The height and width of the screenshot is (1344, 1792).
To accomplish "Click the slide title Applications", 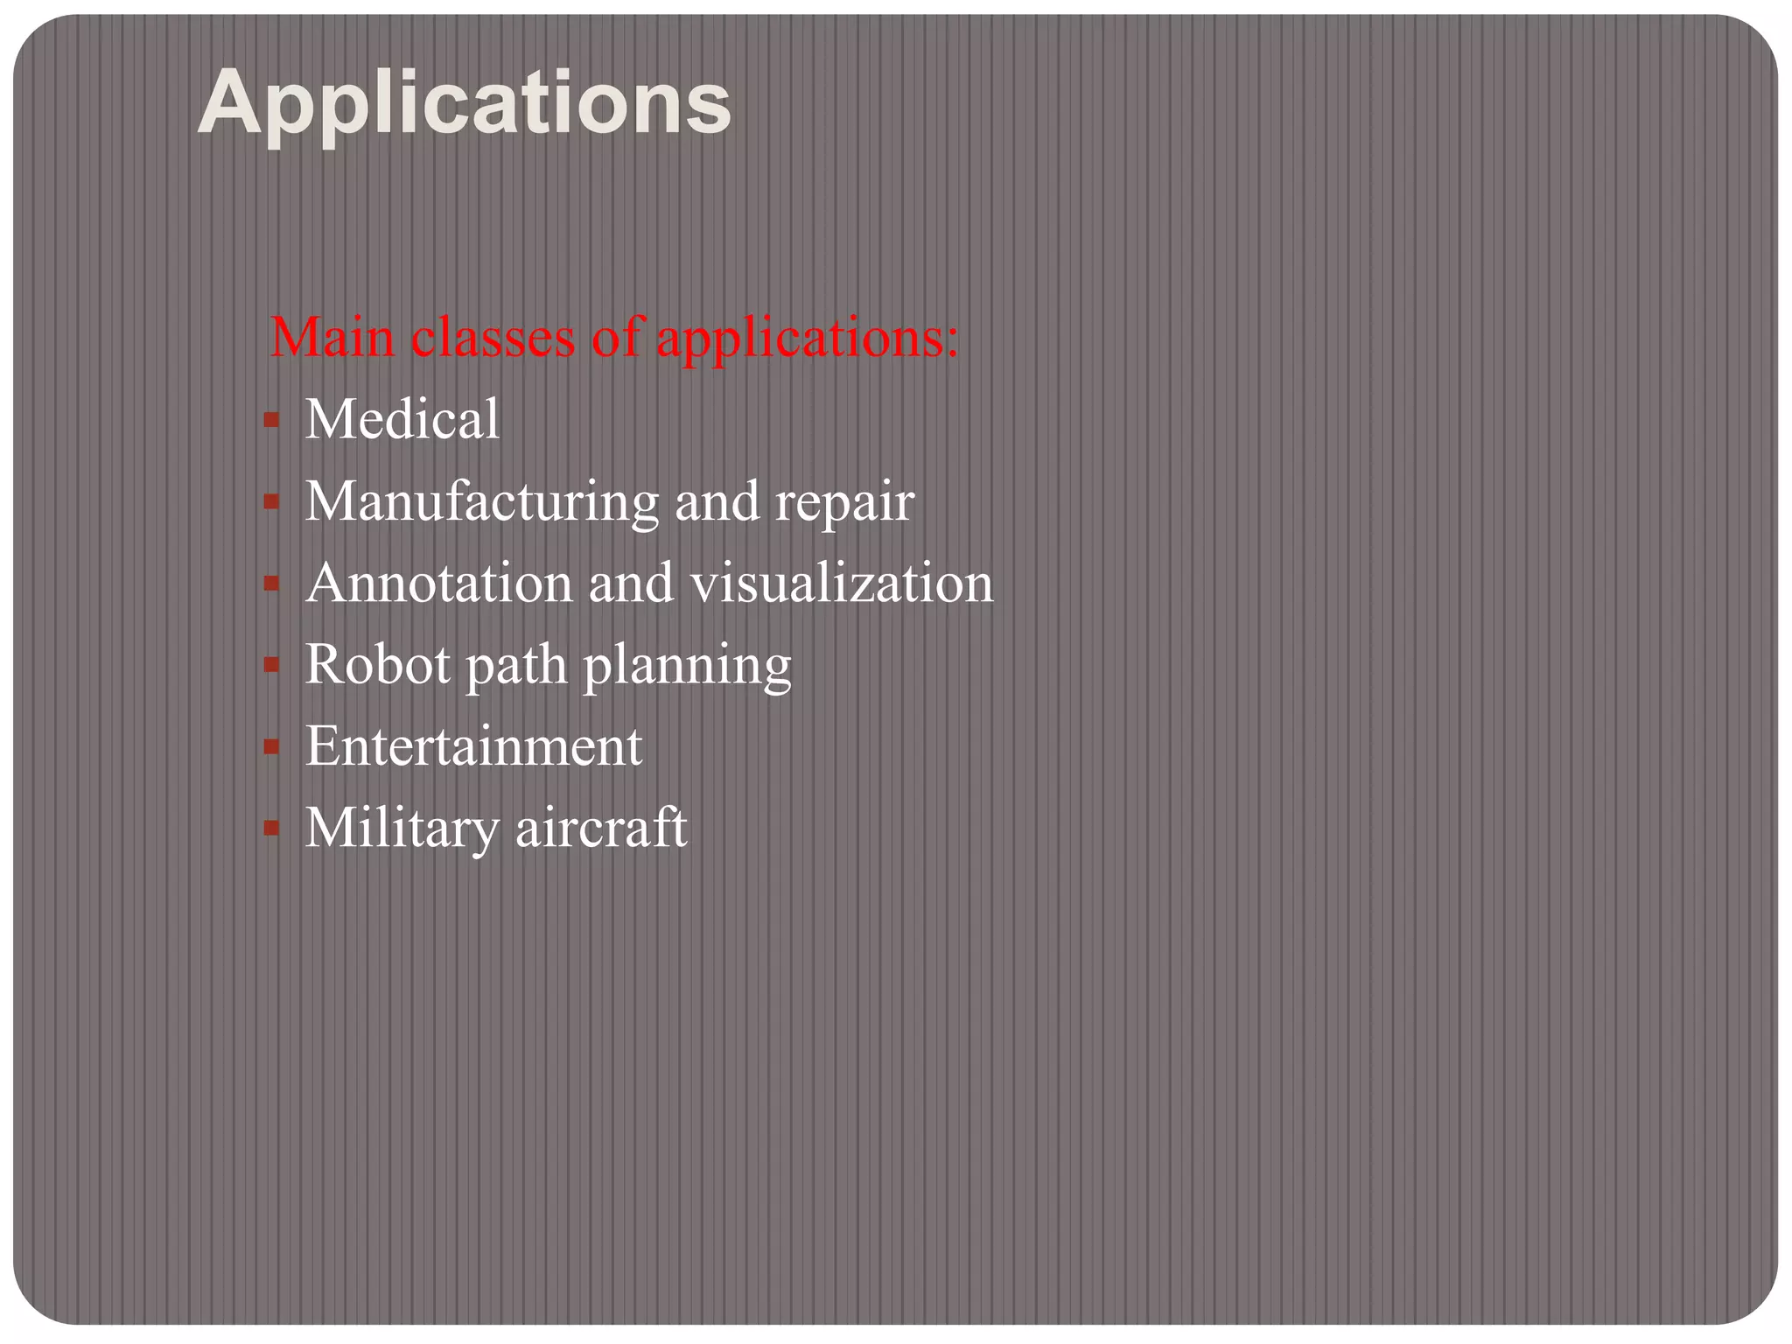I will (464, 104).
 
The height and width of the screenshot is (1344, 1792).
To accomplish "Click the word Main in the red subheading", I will (332, 337).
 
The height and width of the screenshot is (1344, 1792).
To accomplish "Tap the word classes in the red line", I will (493, 337).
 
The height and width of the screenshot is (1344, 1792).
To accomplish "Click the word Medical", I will (402, 418).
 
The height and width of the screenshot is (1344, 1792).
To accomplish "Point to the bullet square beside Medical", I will (271, 420).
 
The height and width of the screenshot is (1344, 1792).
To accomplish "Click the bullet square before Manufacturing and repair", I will (271, 502).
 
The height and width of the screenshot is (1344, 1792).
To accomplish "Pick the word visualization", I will (842, 583).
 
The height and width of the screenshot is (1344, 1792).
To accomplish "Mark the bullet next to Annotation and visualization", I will (271, 584).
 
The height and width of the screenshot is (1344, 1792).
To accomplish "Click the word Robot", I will (377, 664).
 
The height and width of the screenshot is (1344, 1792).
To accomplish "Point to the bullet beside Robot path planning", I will (271, 665).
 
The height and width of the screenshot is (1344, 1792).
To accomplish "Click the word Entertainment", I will (473, 746).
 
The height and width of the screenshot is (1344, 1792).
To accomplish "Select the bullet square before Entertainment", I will (271, 747).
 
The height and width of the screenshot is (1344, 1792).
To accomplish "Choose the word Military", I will (402, 828).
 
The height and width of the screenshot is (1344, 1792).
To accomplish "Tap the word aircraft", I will (601, 828).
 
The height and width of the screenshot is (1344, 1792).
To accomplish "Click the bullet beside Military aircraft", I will (271, 829).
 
